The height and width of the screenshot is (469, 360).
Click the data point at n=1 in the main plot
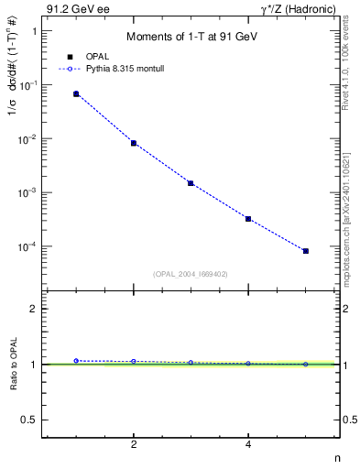coord(76,93)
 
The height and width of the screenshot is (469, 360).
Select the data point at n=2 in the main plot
coord(134,143)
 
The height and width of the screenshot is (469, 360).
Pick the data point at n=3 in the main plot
coord(191,183)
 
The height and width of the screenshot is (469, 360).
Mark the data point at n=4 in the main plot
coord(248,219)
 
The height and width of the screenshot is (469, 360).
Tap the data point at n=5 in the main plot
coord(306,251)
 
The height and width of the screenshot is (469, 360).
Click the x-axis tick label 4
coord(248,445)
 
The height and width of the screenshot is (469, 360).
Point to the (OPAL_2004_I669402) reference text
coord(191,273)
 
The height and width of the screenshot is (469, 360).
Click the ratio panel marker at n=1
coord(76,361)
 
